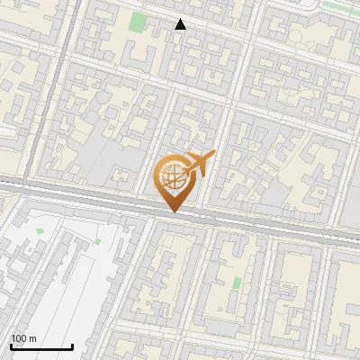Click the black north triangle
point(181,24)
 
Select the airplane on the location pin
point(196,164)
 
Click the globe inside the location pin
point(171,178)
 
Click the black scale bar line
point(41,346)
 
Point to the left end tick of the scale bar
point(11,346)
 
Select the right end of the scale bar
point(72,346)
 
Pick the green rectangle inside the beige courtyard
point(236,283)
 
